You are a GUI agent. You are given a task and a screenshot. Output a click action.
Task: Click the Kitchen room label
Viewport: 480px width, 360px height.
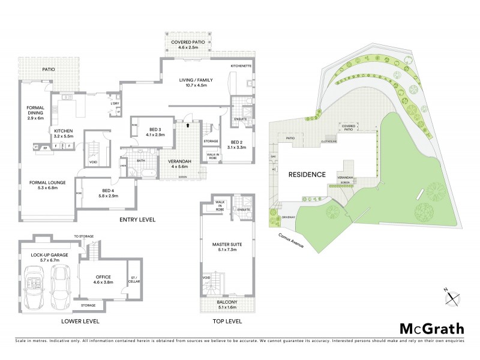(64, 133)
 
